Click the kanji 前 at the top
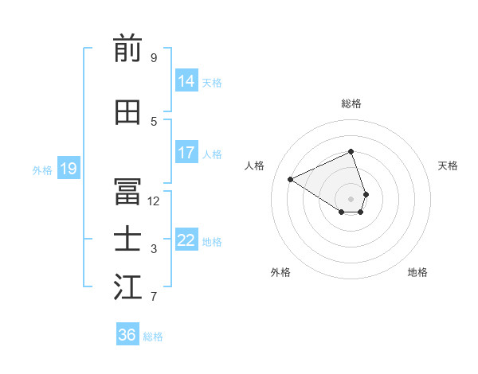pyautogui.click(x=127, y=50)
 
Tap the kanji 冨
pyautogui.click(x=127, y=193)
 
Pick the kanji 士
pyautogui.click(x=127, y=240)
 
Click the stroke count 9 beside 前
pyautogui.click(x=154, y=58)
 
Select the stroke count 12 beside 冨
pyautogui.click(x=154, y=201)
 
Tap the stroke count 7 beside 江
pyautogui.click(x=154, y=297)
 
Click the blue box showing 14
pyautogui.click(x=186, y=81)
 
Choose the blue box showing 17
pyautogui.click(x=186, y=153)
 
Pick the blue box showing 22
pyautogui.click(x=186, y=240)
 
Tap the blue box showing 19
pyautogui.click(x=69, y=169)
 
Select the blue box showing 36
pyautogui.click(x=127, y=335)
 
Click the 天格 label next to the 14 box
pyautogui.click(x=212, y=83)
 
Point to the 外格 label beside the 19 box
pyautogui.click(x=42, y=169)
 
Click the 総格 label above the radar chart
pyautogui.click(x=351, y=103)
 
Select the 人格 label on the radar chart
pyautogui.click(x=255, y=166)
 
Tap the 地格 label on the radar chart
pyautogui.click(x=417, y=272)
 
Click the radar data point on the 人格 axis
pyautogui.click(x=291, y=180)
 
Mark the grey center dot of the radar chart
pyautogui.click(x=351, y=199)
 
